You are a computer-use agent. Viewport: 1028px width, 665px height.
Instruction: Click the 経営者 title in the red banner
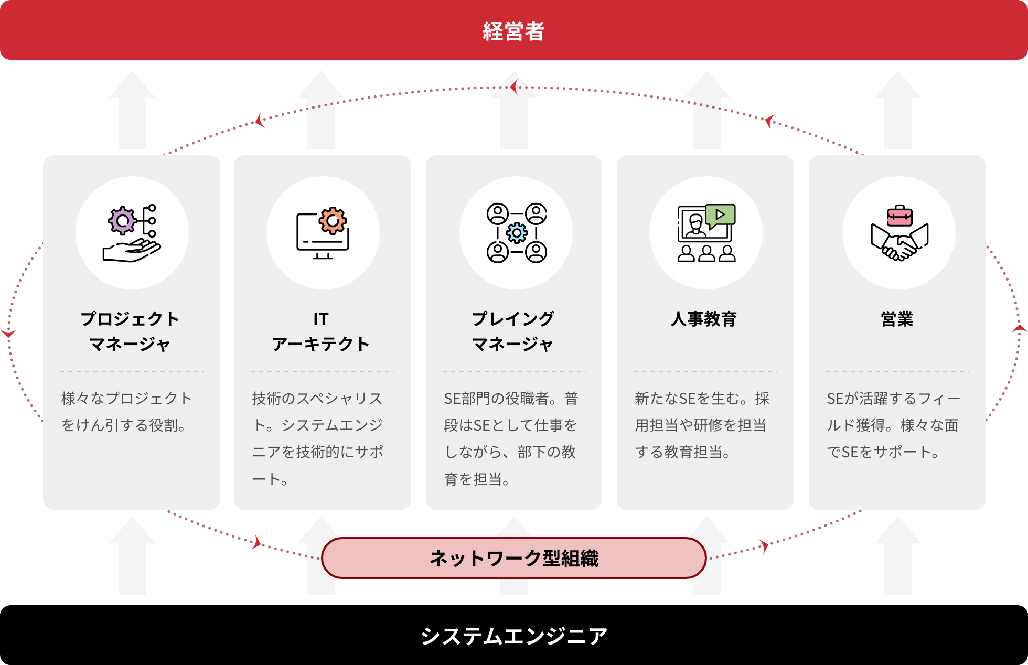click(x=513, y=31)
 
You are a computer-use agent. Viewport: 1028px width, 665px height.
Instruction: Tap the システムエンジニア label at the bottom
click(x=513, y=636)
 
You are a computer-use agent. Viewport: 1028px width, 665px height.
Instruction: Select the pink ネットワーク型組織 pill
click(x=513, y=558)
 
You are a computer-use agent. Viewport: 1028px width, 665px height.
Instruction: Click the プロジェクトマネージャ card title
click(x=130, y=331)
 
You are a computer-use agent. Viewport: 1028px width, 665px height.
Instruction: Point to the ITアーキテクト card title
click(x=321, y=331)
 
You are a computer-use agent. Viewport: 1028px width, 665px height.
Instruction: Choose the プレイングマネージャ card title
click(x=513, y=331)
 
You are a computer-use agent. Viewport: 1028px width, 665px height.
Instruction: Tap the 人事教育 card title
click(x=704, y=319)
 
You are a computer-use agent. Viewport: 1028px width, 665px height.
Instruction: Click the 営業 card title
click(x=897, y=319)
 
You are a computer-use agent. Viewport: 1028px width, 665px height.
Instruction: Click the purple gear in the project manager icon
click(x=123, y=221)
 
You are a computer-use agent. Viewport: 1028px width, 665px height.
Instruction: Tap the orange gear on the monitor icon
click(x=333, y=220)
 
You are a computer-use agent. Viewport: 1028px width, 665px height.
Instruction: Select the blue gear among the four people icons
click(x=517, y=233)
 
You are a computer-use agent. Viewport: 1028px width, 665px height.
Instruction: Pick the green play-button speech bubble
click(x=720, y=215)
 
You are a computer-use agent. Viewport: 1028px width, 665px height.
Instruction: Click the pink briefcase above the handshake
click(x=899, y=216)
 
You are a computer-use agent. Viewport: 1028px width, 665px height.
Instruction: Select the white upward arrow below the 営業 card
click(x=897, y=556)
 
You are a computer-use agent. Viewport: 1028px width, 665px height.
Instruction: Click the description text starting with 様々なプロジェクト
click(x=126, y=412)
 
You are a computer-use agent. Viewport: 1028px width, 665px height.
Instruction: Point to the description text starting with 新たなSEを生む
click(x=702, y=425)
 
